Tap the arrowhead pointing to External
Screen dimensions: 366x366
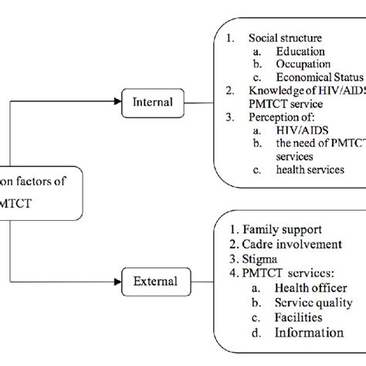pos(120,281)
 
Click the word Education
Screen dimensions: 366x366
pos(300,51)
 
